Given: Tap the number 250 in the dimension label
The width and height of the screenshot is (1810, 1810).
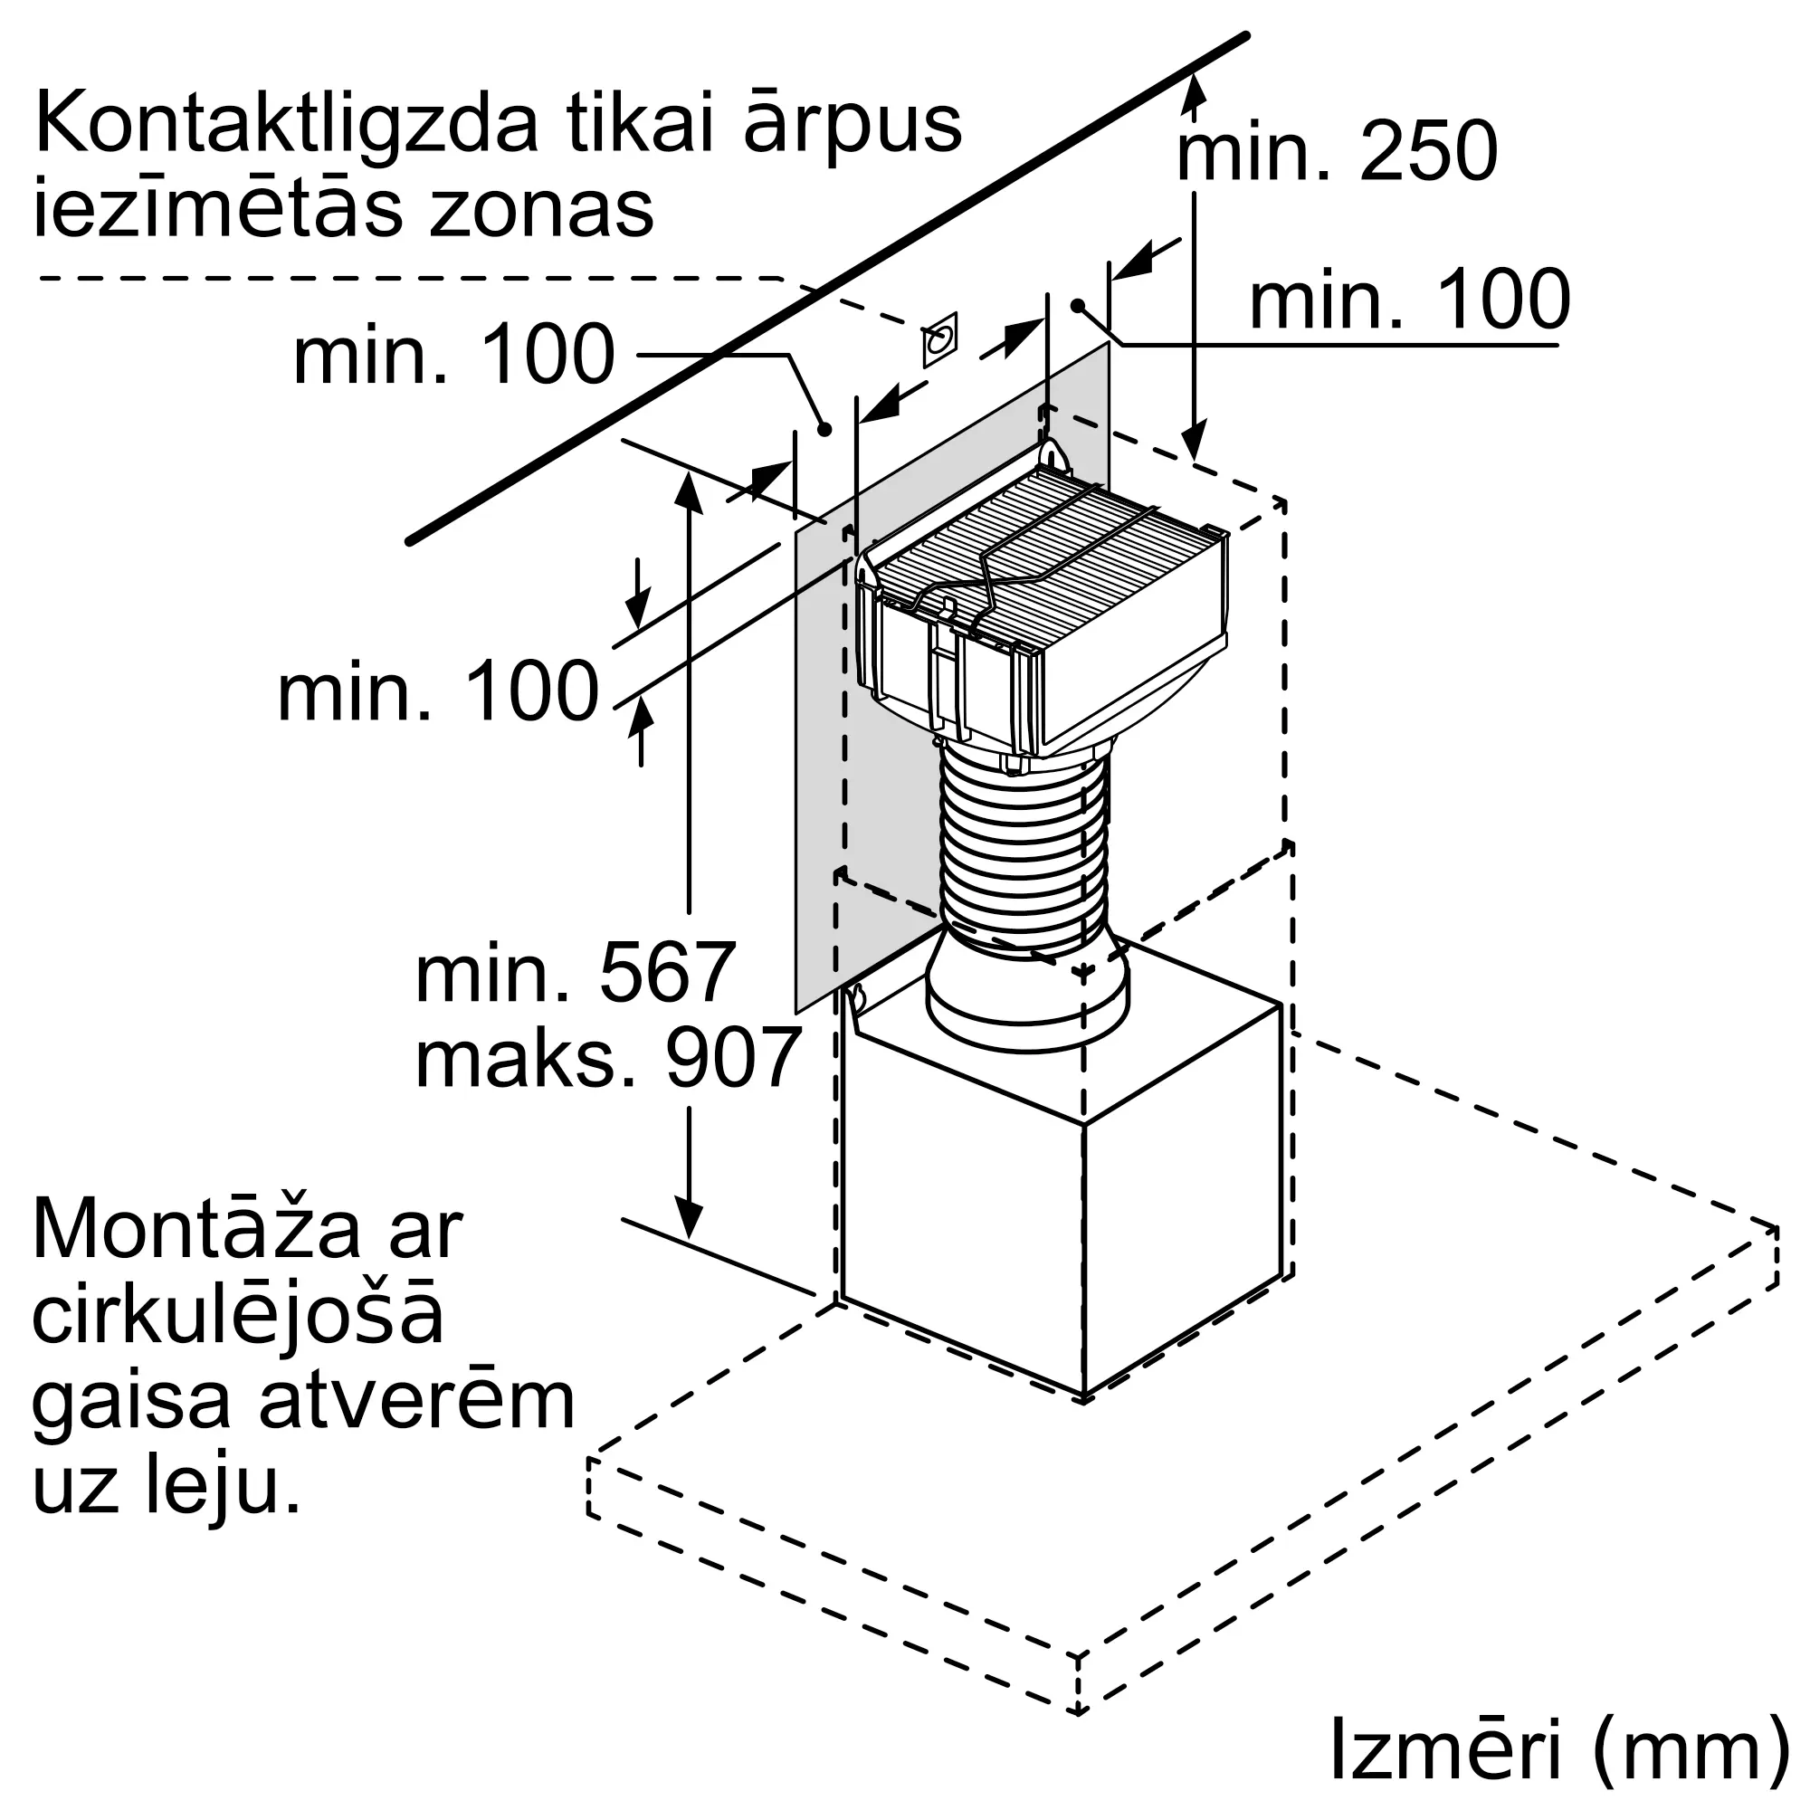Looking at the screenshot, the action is click(x=1429, y=152).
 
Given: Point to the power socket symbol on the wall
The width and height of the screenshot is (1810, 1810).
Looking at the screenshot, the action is click(x=939, y=339).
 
